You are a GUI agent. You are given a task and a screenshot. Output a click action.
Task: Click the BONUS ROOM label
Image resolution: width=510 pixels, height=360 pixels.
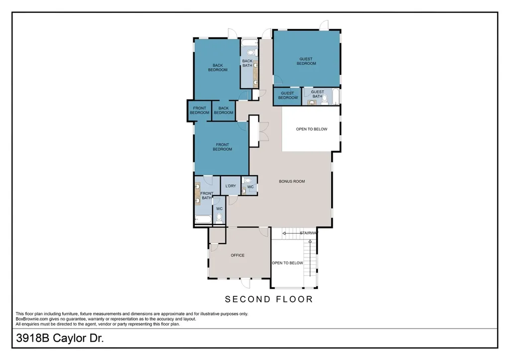[292, 181]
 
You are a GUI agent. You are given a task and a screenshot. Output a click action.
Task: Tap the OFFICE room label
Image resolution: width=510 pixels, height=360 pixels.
[238, 255]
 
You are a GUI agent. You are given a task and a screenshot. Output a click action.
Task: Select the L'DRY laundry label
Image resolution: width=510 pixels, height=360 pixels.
[231, 186]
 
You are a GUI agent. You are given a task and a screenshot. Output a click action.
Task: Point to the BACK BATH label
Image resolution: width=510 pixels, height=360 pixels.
[247, 63]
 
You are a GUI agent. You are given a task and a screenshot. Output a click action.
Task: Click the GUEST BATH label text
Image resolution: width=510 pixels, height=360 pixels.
[317, 94]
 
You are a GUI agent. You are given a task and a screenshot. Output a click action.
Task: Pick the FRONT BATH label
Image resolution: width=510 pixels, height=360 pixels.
[207, 196]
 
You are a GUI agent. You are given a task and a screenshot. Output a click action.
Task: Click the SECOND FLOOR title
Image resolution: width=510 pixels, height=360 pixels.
[268, 299]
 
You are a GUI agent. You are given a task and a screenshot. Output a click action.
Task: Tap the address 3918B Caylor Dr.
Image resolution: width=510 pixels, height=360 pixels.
[60, 338]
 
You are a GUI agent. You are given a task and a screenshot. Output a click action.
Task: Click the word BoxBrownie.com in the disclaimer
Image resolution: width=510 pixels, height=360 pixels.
[32, 319]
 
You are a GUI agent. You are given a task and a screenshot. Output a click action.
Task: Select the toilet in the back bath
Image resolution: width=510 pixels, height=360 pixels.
[252, 52]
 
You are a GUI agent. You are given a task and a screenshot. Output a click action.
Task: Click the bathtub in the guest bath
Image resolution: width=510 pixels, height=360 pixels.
[335, 96]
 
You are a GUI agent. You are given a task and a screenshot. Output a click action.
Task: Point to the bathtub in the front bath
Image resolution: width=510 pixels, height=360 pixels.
[203, 219]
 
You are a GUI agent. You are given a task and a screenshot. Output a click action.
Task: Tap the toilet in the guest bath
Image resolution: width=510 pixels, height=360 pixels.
[324, 100]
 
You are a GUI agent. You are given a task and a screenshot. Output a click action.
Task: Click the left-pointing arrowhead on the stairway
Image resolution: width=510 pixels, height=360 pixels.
[284, 233]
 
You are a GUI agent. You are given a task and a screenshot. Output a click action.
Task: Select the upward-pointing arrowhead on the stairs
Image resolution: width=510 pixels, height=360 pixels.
[310, 241]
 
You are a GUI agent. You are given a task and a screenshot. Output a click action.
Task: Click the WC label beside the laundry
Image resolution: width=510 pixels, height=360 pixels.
[250, 187]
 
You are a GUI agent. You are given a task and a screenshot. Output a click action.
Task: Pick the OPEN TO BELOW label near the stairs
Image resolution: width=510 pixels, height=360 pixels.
[287, 263]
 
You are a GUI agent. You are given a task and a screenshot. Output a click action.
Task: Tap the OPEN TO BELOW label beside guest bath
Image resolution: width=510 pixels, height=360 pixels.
[312, 129]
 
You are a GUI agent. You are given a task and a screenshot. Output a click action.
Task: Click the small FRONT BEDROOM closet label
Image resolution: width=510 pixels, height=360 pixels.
[199, 110]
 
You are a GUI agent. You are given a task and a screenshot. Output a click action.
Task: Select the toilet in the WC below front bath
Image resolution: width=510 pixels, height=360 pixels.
[219, 218]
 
